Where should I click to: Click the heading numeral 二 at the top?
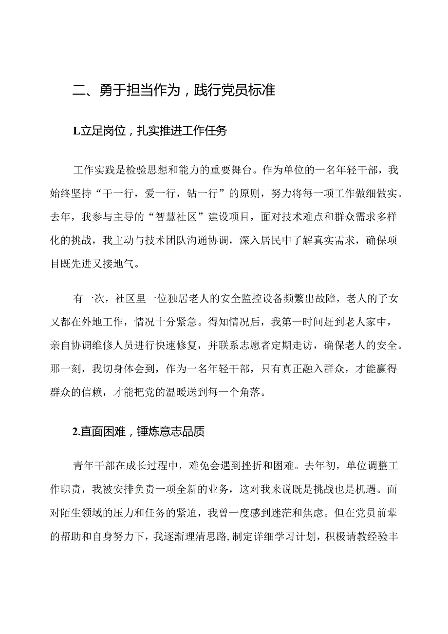(78, 91)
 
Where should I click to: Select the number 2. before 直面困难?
(75, 431)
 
